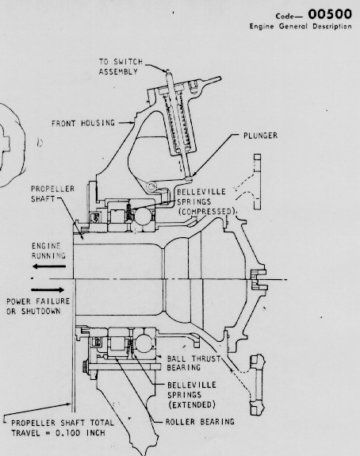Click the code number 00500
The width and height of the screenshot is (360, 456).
(330, 14)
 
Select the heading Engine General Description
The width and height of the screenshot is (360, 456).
(301, 26)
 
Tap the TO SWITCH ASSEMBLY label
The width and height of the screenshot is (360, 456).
(121, 67)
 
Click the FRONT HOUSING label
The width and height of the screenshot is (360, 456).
(83, 123)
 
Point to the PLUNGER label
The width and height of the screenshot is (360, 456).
(261, 136)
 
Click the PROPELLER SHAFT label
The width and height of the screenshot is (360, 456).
(52, 194)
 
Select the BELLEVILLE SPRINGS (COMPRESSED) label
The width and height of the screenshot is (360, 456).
(206, 201)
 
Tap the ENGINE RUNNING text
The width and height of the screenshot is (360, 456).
(48, 251)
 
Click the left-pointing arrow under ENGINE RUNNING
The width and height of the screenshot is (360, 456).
(49, 266)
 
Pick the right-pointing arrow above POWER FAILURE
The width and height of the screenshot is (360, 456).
(48, 290)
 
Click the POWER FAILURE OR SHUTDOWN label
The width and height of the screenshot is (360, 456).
(38, 306)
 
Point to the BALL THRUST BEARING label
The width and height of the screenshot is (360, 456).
(193, 363)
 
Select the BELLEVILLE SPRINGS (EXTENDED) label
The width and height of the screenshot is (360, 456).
(192, 395)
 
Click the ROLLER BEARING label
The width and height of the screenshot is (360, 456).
(200, 422)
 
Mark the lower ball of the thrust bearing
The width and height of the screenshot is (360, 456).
(144, 343)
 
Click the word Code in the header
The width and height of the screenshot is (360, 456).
(285, 16)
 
